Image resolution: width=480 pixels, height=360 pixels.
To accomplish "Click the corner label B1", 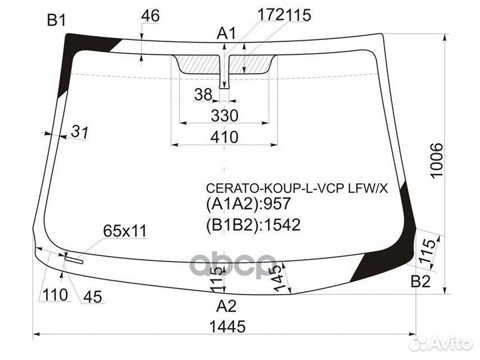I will coord(56,21).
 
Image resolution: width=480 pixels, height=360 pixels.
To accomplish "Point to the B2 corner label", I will coord(420,282).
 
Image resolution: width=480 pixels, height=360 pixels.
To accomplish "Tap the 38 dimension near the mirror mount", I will coord(203,95).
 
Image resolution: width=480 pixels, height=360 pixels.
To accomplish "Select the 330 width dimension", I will coord(225,115).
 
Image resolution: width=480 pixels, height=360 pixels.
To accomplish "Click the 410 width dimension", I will coord(225,137).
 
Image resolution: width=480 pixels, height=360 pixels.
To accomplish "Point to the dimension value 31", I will coord(79,133).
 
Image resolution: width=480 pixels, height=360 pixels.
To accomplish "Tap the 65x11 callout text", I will coord(125,231).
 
